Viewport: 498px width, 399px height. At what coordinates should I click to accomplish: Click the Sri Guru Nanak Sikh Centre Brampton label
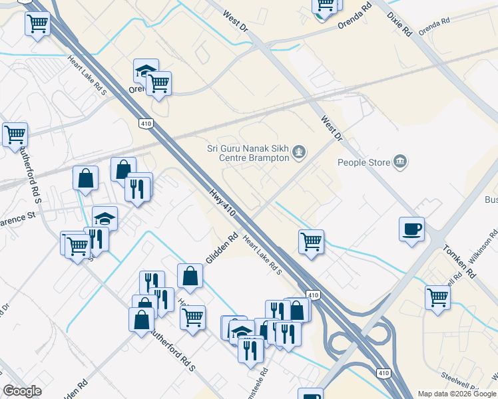247,154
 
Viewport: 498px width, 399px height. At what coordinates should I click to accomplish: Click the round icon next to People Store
400,162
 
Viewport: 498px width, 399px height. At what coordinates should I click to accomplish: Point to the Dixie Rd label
402,24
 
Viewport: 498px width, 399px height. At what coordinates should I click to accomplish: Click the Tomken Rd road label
460,261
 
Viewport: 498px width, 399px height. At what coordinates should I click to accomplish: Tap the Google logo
23,391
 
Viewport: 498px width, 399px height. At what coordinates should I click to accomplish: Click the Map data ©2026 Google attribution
456,394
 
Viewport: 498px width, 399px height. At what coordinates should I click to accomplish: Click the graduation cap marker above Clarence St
105,217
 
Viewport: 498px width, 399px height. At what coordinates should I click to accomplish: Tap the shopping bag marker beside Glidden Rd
190,275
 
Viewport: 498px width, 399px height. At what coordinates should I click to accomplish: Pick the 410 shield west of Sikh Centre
146,124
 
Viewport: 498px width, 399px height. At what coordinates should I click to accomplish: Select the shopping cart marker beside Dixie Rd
326,6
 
